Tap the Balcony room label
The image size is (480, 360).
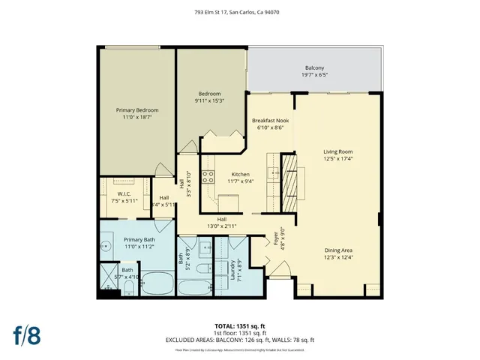tap(314, 67)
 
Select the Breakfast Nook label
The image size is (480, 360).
tap(270, 120)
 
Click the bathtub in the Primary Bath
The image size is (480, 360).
tap(157, 283)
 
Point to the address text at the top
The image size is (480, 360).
tap(239, 13)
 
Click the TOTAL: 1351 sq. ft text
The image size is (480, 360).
tap(239, 325)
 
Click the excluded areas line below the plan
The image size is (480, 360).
tap(239, 340)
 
